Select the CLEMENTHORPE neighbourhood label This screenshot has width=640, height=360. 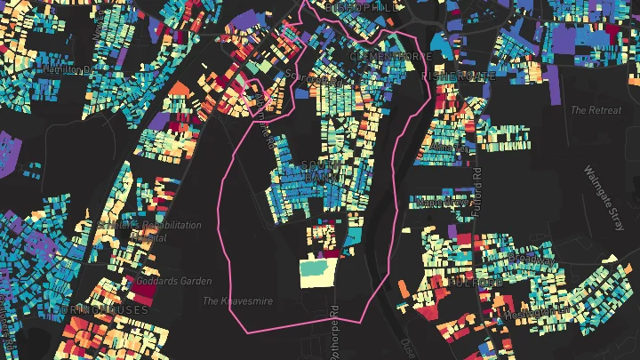(x=390, y=55)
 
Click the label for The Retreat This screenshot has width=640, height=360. (x=590, y=110)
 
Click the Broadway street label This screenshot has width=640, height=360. (x=528, y=259)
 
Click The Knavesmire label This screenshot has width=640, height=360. (x=237, y=301)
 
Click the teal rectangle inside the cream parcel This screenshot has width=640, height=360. (x=313, y=267)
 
